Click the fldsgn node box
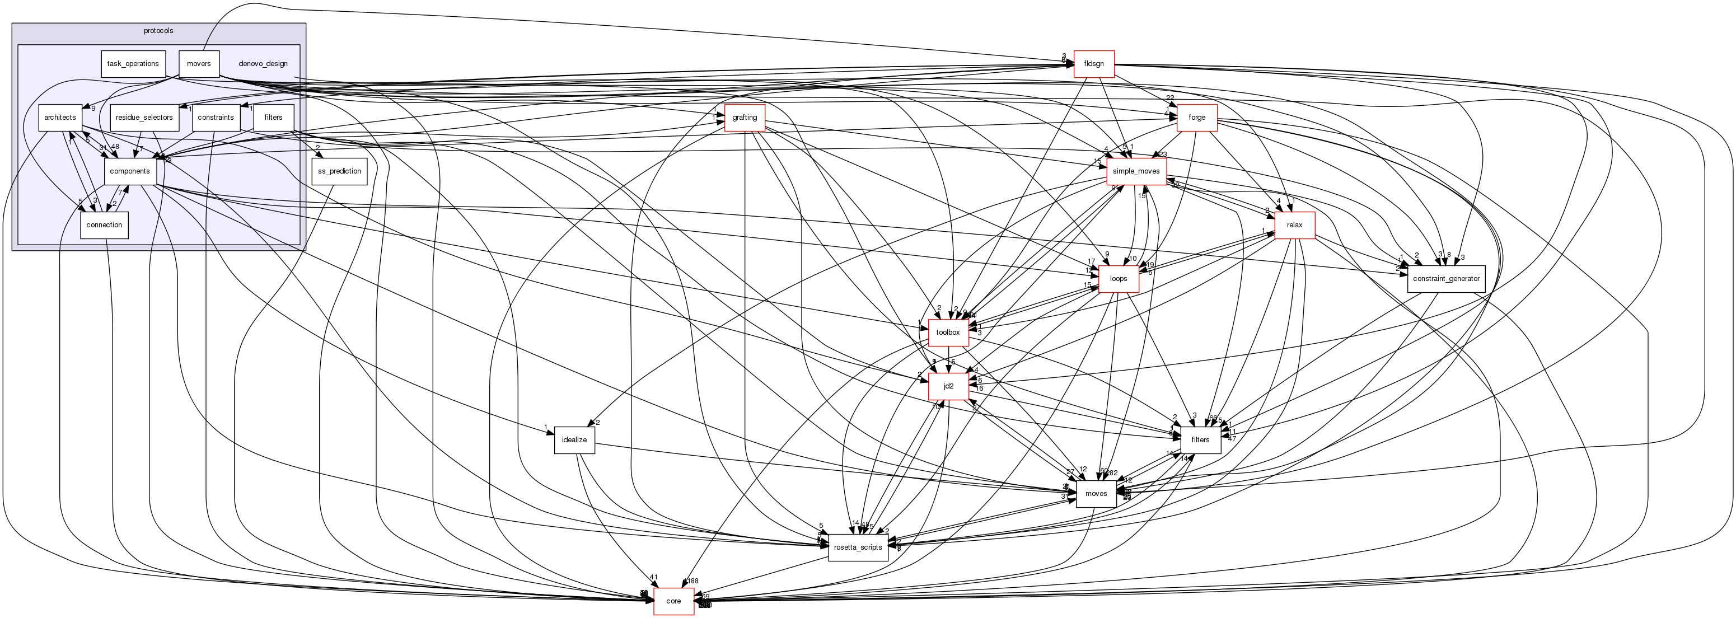coord(1093,64)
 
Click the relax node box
coord(1294,225)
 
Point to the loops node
coord(1118,279)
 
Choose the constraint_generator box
coord(1445,279)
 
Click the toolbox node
coord(948,333)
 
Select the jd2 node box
coord(948,386)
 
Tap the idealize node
coord(574,440)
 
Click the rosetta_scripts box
coord(857,547)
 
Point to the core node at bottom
coord(673,601)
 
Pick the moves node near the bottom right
coord(1096,494)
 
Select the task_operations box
coord(133,64)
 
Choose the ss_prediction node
coord(340,171)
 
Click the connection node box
coord(105,225)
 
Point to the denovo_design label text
coord(263,64)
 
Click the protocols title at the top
coord(158,31)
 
